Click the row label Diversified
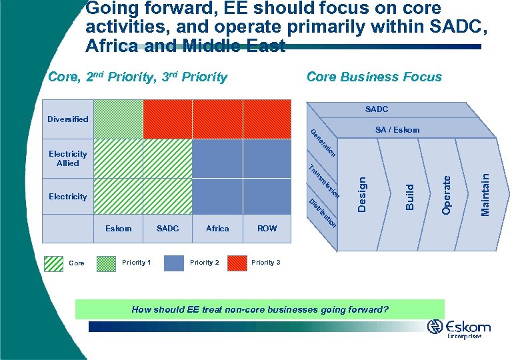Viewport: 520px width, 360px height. tap(67, 119)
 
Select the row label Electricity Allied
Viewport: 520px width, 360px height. tap(67, 159)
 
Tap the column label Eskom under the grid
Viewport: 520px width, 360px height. tap(119, 229)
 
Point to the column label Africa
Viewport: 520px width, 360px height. tap(217, 229)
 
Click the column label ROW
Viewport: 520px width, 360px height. tap(267, 229)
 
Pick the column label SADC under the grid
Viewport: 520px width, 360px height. tap(167, 229)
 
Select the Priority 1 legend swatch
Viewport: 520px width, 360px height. tap(106, 263)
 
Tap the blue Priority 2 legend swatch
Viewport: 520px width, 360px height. tap(173, 263)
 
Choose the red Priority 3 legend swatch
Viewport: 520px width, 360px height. tap(237, 263)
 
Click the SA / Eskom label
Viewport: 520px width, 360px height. tap(397, 130)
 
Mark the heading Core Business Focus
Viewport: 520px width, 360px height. tap(373, 77)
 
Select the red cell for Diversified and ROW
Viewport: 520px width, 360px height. tap(267, 119)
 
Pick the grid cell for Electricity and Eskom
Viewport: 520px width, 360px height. tap(118, 196)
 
